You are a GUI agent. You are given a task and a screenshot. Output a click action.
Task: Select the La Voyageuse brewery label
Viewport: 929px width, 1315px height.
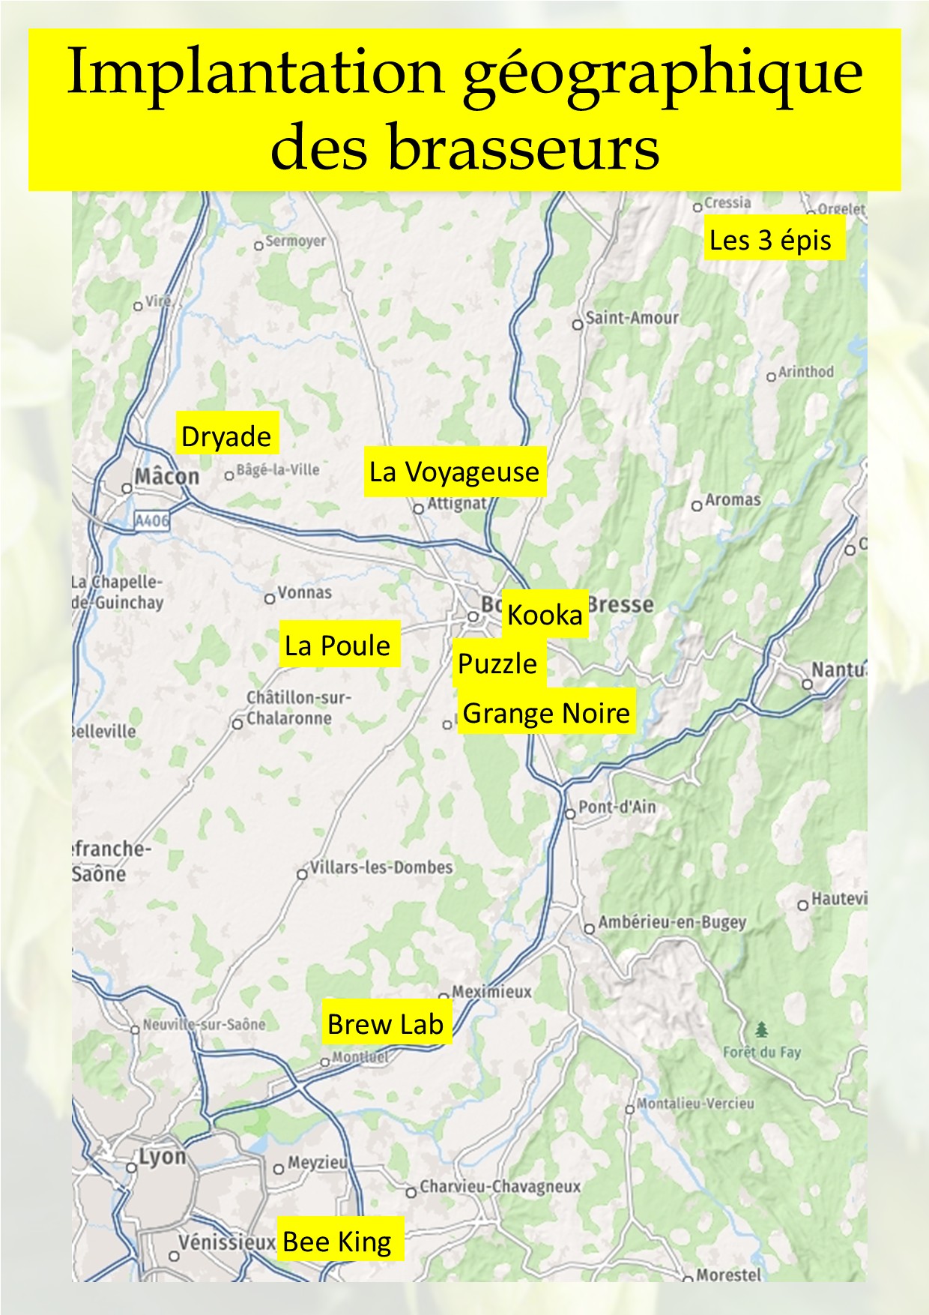click(454, 472)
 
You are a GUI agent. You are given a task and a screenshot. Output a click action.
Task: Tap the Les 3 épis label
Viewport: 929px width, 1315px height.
click(771, 239)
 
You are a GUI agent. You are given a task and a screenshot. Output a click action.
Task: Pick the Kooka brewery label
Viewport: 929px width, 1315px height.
click(545, 614)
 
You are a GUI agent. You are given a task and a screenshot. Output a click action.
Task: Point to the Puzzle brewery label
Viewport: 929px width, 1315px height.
click(497, 663)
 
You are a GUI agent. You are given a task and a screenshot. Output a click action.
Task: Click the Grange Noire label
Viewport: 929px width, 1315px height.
click(546, 712)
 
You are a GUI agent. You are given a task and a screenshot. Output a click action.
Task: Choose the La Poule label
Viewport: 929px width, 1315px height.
click(338, 645)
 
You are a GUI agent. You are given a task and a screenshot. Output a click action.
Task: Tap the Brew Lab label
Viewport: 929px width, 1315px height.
click(385, 1023)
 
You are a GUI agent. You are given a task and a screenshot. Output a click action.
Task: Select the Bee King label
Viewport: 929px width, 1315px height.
click(338, 1242)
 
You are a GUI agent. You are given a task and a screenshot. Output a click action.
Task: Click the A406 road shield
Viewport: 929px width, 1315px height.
click(152, 520)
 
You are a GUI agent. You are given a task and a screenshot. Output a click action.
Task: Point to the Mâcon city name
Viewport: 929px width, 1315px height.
click(167, 477)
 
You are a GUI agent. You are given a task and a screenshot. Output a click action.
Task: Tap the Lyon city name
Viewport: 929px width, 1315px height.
click(162, 1157)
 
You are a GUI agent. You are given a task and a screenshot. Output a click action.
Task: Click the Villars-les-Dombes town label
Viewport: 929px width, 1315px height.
click(381, 867)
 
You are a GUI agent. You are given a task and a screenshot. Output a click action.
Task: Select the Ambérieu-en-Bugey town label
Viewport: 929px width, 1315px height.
click(672, 922)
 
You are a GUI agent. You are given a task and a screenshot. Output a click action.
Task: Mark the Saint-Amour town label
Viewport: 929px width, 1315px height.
click(632, 318)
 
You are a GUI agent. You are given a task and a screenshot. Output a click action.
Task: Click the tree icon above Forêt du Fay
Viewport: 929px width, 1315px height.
click(762, 1029)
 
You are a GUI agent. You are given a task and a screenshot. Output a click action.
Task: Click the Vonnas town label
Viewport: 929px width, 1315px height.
click(304, 592)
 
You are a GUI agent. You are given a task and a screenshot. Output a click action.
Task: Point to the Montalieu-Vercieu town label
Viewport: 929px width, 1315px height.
click(695, 1104)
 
